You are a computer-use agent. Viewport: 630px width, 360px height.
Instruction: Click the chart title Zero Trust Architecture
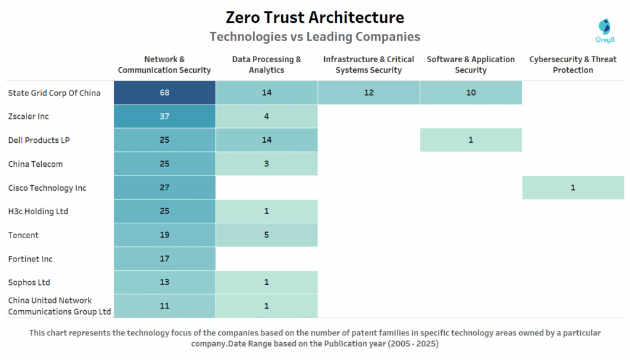pos(314,17)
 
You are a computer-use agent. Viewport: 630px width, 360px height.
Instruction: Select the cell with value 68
pos(164,93)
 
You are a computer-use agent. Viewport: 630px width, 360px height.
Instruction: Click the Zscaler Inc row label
pos(28,116)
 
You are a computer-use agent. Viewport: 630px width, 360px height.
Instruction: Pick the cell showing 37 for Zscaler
pos(164,116)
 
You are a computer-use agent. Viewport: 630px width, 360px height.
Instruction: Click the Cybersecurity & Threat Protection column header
pos(572,65)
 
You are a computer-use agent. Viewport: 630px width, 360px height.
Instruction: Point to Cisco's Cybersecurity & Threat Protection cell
pos(573,188)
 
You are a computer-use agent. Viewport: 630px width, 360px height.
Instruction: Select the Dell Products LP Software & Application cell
pos(471,140)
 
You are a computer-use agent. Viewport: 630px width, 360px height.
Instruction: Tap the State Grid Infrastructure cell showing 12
pos(369,93)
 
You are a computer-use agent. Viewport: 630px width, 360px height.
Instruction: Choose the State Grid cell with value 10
pos(471,93)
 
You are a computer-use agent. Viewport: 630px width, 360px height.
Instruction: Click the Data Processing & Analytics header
pos(266,65)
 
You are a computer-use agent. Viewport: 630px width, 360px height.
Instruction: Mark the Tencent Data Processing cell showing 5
pos(266,235)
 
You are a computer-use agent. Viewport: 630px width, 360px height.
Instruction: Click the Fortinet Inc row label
pos(30,259)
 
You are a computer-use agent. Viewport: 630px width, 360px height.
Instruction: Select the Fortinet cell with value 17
pos(164,259)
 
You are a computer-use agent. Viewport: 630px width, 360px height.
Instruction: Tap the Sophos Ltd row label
pos(29,282)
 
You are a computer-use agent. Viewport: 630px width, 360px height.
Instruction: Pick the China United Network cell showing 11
pos(164,306)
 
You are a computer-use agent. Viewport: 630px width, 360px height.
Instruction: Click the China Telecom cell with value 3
pos(266,164)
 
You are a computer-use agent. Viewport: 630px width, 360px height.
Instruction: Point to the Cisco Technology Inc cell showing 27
pos(164,188)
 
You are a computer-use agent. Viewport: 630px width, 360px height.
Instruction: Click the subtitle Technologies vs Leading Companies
pos(314,37)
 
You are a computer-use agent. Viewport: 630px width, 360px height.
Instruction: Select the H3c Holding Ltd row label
pos(38,211)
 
